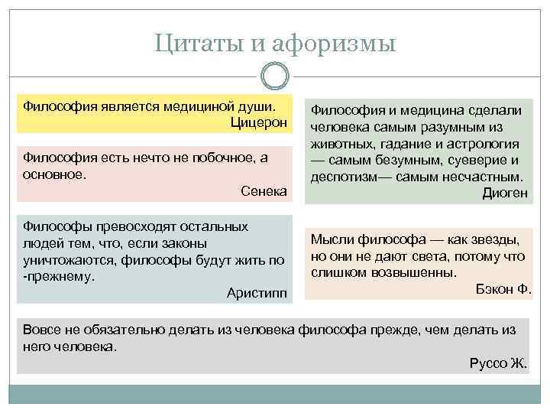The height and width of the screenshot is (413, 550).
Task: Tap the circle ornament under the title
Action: click(x=274, y=79)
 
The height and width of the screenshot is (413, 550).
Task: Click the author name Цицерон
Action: click(x=259, y=122)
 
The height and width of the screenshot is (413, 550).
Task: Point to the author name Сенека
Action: click(x=264, y=190)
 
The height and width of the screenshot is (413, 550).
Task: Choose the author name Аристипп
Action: click(x=257, y=292)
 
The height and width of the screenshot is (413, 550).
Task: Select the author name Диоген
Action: click(x=505, y=193)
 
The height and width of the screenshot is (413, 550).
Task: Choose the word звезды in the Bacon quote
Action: click(x=494, y=239)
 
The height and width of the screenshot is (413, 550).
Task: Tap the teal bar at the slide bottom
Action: click(x=275, y=394)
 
